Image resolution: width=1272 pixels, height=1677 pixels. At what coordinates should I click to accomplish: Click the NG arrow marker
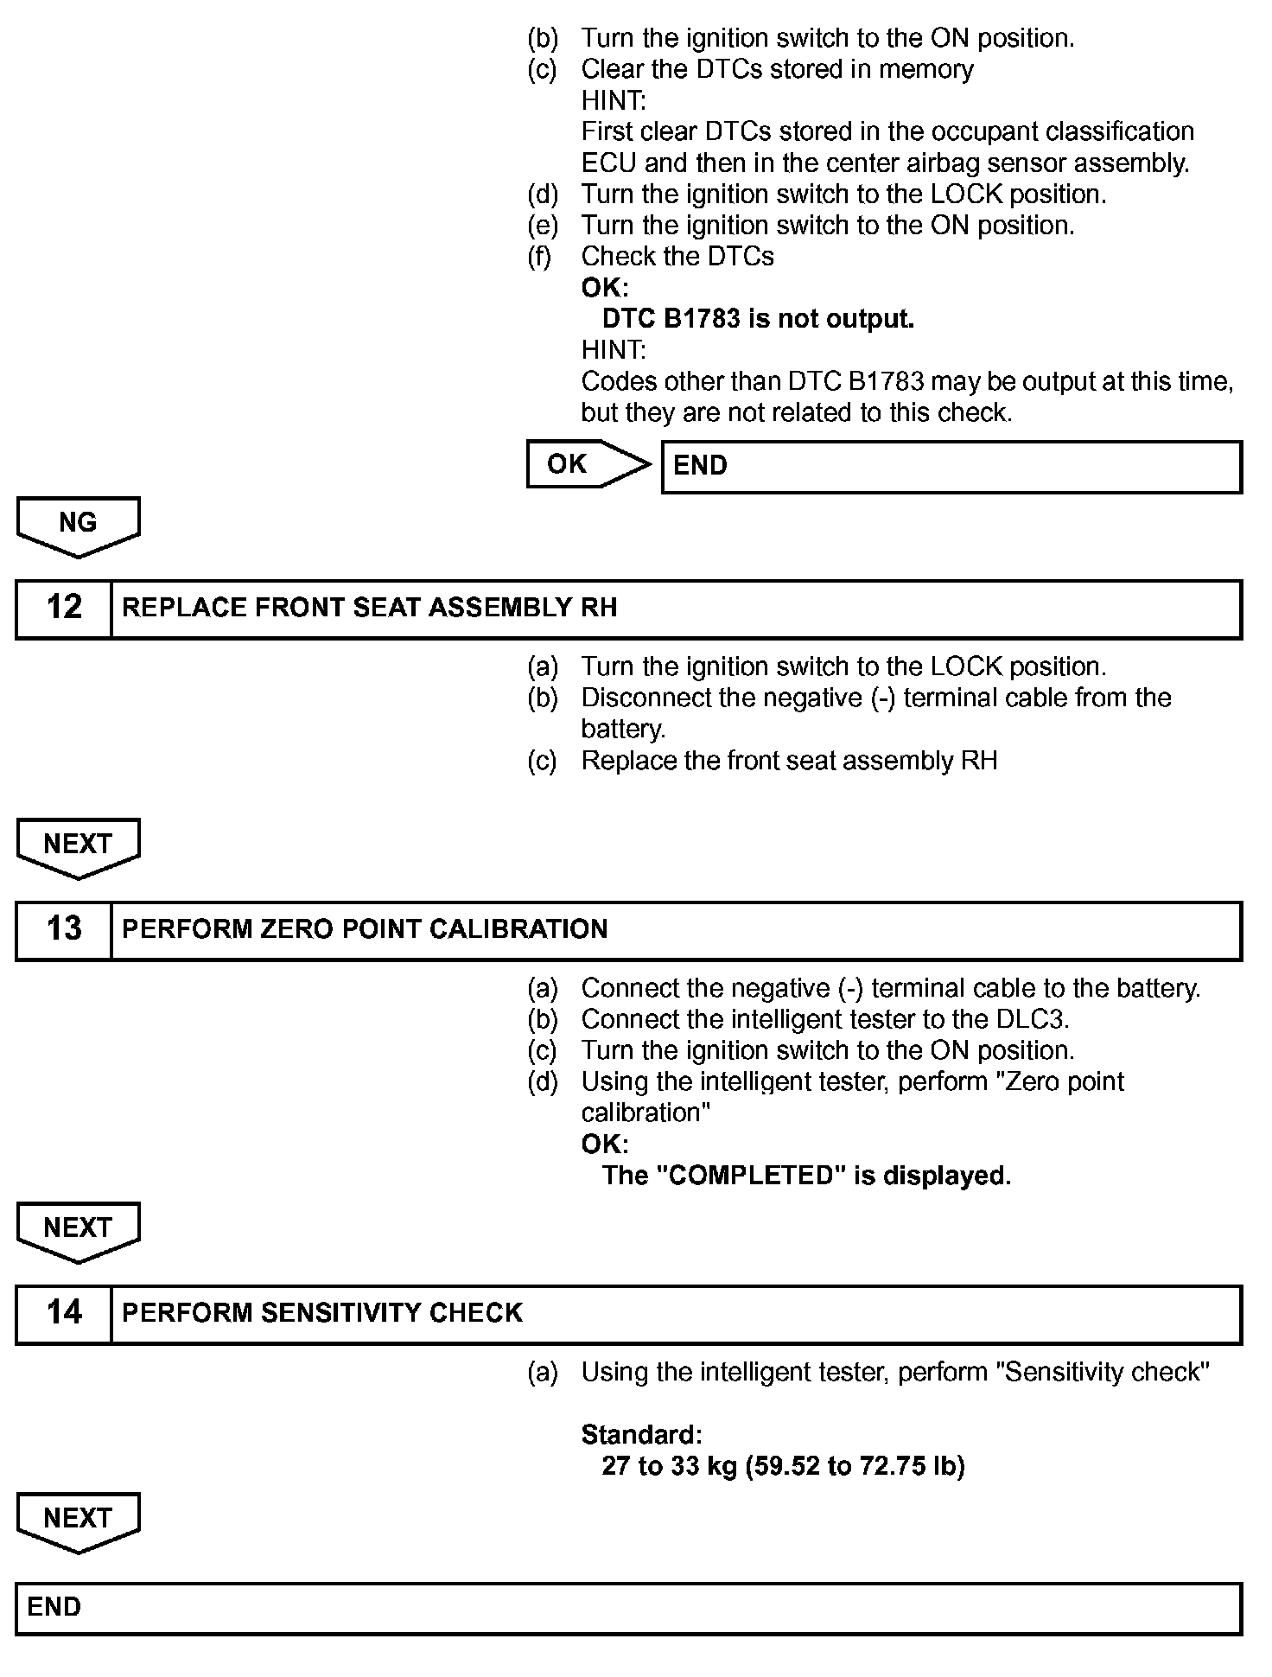coord(78,524)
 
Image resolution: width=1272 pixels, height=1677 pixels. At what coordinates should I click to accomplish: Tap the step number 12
coord(64,608)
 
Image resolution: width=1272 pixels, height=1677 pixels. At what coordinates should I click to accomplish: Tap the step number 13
coord(64,929)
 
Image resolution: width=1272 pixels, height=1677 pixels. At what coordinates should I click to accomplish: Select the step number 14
coord(64,1313)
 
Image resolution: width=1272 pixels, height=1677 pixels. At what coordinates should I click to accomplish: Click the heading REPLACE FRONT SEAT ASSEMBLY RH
coord(369,608)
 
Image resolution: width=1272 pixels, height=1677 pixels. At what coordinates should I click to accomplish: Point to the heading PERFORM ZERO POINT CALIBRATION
coord(365,929)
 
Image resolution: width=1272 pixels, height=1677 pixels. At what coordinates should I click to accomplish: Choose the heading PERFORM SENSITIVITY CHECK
coord(321,1313)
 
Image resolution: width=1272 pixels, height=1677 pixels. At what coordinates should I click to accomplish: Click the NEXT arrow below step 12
coord(78,845)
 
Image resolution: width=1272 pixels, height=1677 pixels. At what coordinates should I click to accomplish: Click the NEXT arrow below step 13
coord(78,1229)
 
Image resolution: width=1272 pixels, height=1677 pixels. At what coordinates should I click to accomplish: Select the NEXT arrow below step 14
coord(78,1520)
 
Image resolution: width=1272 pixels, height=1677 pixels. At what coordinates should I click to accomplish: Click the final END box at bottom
coord(628,1608)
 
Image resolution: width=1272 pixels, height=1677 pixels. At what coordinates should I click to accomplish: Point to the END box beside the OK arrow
coord(951,467)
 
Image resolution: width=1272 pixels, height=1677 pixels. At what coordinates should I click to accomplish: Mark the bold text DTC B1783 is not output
coord(758,319)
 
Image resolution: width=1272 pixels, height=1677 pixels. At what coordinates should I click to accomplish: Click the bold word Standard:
coord(641,1435)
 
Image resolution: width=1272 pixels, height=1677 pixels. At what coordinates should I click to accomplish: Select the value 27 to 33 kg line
coord(782,1466)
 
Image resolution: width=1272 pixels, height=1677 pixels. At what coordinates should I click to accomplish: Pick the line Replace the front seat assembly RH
coord(789,761)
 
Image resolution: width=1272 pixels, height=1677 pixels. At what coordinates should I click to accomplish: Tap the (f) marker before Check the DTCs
coord(540,257)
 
